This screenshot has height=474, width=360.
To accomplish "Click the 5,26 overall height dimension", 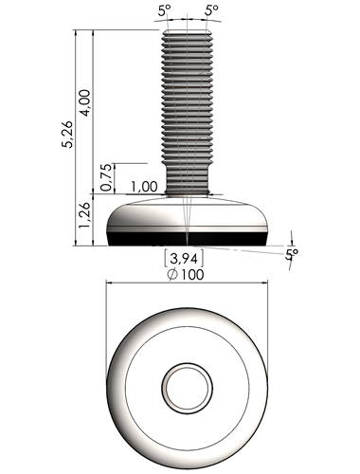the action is (67, 135).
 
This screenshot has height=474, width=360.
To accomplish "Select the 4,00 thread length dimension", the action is (85, 103).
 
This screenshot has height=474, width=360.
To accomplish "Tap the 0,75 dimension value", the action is (106, 177).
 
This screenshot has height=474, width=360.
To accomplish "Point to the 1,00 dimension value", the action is (144, 187).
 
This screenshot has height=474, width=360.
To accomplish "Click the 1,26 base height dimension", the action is (85, 215).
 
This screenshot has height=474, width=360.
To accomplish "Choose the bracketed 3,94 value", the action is (184, 259).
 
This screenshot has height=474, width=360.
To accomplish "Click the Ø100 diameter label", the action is (186, 274).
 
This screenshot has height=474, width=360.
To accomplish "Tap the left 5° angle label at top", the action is (164, 11).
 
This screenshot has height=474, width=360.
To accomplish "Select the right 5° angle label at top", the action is (211, 10).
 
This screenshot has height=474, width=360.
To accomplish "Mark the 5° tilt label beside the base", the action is (292, 254).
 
